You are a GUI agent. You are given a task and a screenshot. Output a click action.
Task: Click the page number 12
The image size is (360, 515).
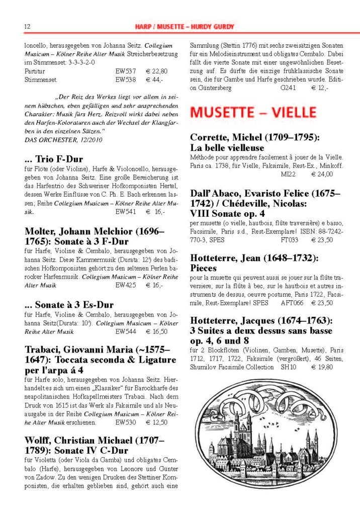[28, 26]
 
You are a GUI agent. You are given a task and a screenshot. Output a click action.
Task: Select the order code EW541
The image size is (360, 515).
[126, 212]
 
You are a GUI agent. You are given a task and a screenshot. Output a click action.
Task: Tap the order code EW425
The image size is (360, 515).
[126, 285]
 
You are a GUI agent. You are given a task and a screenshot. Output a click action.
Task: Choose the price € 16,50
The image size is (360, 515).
[156, 332]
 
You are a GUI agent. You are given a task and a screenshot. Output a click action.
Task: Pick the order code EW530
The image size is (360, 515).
[126, 422]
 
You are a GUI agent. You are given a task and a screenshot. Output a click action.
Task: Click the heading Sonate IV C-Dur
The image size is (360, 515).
[89, 450]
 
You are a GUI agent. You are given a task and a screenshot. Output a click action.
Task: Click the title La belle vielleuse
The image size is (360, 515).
[227, 148]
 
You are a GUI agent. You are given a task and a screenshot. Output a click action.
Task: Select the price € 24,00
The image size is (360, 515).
[322, 174]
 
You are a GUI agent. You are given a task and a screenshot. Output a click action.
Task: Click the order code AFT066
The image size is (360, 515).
[292, 303]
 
